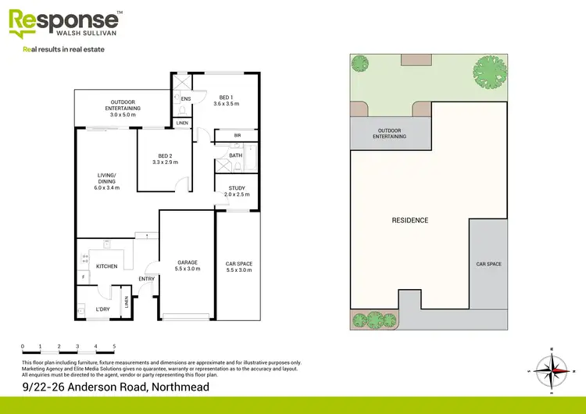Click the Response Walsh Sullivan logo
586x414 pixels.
(x=66, y=23)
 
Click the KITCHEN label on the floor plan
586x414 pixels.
(x=106, y=266)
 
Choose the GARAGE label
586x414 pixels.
(x=187, y=262)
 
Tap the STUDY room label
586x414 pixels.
(x=236, y=188)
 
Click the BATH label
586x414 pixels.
(x=235, y=155)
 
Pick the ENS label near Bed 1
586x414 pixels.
(x=186, y=99)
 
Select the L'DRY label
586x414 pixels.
(x=102, y=309)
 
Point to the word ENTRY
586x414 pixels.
(x=147, y=279)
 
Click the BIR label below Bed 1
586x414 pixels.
(x=237, y=135)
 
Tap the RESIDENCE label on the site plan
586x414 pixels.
(x=409, y=220)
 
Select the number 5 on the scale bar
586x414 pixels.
(x=114, y=345)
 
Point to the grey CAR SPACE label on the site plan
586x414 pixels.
(x=488, y=264)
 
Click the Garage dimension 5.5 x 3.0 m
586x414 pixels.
(x=187, y=269)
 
